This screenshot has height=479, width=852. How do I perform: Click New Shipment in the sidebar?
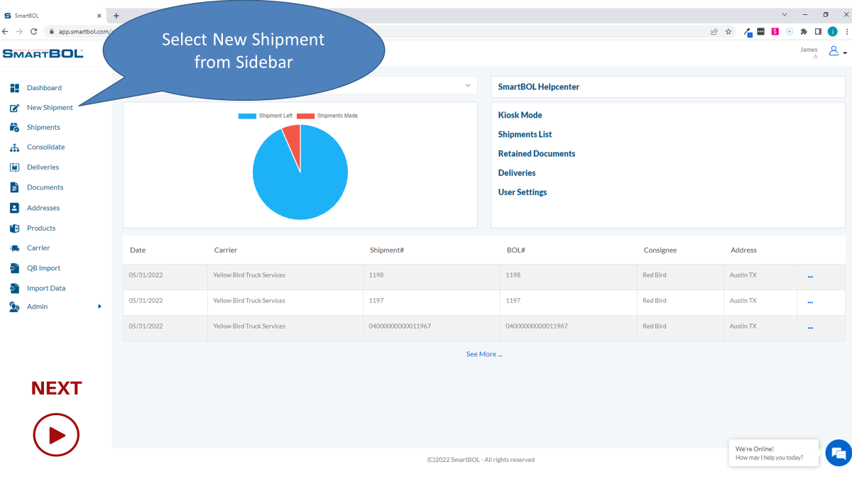click(50, 108)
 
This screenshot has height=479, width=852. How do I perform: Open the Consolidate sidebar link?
click(45, 147)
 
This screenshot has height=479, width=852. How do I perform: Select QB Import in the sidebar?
click(43, 268)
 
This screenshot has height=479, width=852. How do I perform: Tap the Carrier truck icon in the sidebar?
click(14, 248)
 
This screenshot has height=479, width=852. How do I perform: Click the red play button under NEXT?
click(56, 434)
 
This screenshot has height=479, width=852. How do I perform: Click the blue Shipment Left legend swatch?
click(247, 116)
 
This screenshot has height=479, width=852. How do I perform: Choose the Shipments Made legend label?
click(337, 116)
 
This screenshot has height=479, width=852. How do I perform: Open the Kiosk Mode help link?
click(520, 115)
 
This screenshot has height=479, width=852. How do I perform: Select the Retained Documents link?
click(536, 153)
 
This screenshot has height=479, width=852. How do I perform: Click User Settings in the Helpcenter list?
click(522, 192)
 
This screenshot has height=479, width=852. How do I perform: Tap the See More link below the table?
click(484, 354)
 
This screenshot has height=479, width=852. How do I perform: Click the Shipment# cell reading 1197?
click(376, 301)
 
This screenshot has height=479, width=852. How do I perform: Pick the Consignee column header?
click(660, 250)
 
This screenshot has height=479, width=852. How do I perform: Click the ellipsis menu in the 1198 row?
click(810, 276)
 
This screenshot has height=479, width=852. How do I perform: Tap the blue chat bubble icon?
click(839, 453)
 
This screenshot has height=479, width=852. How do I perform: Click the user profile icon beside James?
click(834, 51)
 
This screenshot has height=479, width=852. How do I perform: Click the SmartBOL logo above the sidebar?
click(43, 53)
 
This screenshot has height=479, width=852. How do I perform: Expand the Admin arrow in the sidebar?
click(99, 307)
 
